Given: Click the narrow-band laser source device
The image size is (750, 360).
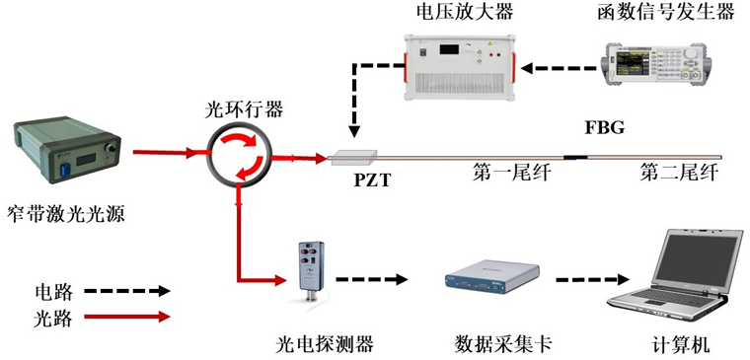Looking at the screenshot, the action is pos(67,151).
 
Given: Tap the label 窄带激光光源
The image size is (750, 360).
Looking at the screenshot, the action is pos(66,214).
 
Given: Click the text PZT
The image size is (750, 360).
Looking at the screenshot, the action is pos(371,181).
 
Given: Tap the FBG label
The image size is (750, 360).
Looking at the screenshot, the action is pos(605,127).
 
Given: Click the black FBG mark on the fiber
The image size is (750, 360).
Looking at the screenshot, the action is pos(574,156).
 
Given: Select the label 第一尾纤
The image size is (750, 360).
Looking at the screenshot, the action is pos(512,173).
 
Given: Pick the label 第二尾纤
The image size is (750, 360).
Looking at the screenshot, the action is pos(679,173).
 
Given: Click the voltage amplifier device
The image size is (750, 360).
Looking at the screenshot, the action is pos(460,67).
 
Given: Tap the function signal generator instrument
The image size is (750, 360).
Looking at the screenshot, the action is pos(656,64).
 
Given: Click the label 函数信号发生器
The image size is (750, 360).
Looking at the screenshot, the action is pos(666,12).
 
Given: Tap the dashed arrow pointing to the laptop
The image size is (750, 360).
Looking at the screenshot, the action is pos(592,279).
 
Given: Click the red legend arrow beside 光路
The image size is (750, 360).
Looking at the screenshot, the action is pos(127,317).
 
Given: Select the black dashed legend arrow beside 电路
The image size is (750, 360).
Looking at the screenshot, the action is pos(127,290).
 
